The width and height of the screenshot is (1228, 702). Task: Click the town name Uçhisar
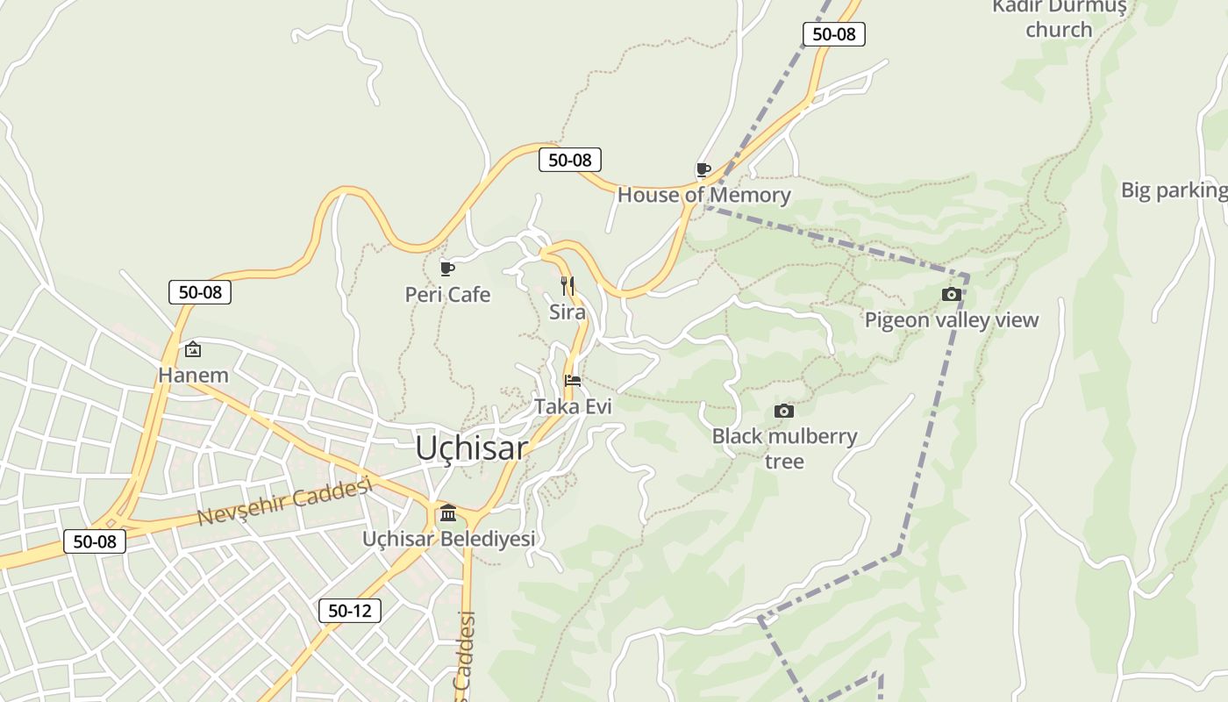coord(471,448)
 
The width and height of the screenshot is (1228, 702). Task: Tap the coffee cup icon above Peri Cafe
coord(446,269)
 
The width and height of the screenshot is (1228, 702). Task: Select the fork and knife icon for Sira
coord(568,286)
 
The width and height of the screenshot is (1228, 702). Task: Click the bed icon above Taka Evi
coord(573,381)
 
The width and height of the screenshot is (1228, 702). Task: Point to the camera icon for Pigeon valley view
coord(952,295)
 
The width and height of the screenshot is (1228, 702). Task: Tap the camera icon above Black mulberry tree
coord(784,411)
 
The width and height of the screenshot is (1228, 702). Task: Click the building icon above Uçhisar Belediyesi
coord(448,512)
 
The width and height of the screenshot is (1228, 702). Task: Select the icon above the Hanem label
coord(193,350)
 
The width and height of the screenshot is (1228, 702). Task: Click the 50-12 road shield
coord(349,611)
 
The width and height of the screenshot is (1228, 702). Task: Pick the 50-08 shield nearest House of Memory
coord(569,160)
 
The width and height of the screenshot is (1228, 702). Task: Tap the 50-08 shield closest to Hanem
coord(200,292)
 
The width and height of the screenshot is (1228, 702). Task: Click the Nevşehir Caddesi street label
coord(285,501)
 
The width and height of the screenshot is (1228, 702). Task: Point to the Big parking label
coord(1174,190)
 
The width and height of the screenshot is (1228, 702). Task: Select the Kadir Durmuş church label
coord(1059,18)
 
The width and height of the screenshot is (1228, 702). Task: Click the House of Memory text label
coord(703,195)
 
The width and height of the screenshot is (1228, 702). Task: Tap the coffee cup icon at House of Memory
coord(703,169)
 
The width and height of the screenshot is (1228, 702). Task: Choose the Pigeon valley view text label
coord(952,320)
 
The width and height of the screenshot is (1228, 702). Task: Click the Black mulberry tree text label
coord(784,448)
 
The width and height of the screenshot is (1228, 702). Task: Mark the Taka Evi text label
coord(573,406)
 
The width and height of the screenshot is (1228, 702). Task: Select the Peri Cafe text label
coord(447,295)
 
